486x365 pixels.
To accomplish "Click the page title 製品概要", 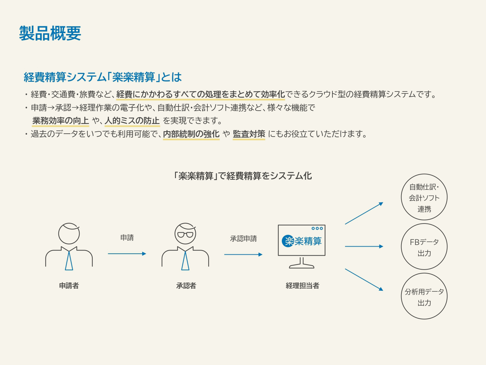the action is (x=50, y=33).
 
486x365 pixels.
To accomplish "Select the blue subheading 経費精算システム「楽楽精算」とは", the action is (x=103, y=77).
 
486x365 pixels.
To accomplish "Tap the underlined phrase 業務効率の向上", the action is (x=61, y=121).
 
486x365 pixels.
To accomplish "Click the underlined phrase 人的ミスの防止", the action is (x=132, y=121).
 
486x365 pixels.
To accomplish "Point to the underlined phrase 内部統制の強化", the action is (x=191, y=134).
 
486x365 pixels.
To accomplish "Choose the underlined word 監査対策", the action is (x=249, y=134).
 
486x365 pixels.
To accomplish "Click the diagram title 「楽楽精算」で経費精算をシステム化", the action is (x=242, y=176).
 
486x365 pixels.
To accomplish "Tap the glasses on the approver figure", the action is (x=185, y=235).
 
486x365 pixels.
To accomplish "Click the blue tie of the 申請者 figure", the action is (x=69, y=261).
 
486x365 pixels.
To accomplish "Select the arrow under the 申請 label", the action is (x=127, y=253).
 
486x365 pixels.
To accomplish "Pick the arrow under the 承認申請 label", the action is (x=243, y=254).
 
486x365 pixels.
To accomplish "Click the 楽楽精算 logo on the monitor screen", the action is (x=302, y=241).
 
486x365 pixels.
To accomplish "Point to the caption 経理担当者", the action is (x=302, y=286).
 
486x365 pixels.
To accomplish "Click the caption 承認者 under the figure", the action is (x=186, y=286).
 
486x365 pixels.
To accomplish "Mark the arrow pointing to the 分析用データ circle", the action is (x=364, y=280).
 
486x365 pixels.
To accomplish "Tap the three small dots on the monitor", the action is (x=317, y=228).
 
